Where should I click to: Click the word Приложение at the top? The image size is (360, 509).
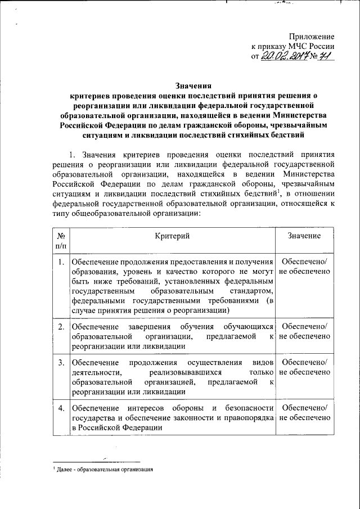pyautogui.click(x=315, y=37)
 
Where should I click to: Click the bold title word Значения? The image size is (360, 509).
pyautogui.click(x=192, y=87)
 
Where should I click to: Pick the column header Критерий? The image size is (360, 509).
pyautogui.click(x=172, y=236)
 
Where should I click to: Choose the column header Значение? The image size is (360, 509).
pyautogui.click(x=304, y=236)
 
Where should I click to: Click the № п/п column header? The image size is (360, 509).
pyautogui.click(x=61, y=241)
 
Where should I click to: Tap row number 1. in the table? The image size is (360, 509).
pyautogui.click(x=60, y=262)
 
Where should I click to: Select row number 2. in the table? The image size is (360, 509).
pyautogui.click(x=60, y=327)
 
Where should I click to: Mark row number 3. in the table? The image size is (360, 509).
pyautogui.click(x=60, y=362)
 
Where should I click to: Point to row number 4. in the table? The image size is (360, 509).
pyautogui.click(x=60, y=407)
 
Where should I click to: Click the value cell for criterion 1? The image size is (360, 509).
pyautogui.click(x=304, y=267)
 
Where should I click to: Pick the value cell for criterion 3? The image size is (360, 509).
pyautogui.click(x=304, y=367)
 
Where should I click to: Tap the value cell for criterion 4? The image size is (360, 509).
pyautogui.click(x=304, y=412)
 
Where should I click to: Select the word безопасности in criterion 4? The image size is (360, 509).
pyautogui.click(x=246, y=407)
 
